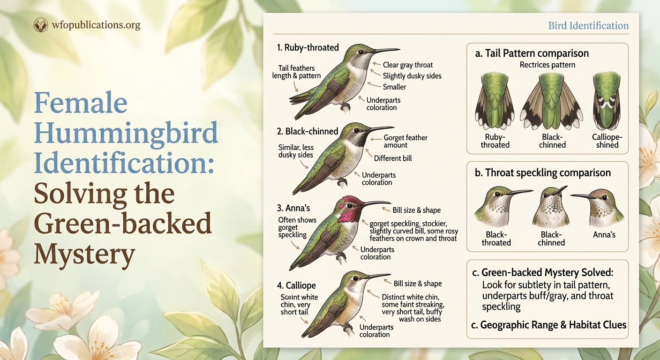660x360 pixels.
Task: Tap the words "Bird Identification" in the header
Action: coord(588,25)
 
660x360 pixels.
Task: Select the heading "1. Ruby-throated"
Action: coord(307,47)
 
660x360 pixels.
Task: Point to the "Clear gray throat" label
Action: coord(407,65)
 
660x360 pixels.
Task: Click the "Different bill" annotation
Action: coord(393,158)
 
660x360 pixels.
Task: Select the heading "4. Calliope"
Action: coord(296,285)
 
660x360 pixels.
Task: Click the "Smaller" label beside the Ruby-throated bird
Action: coord(394,87)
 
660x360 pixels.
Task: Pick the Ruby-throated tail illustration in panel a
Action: coord(495,101)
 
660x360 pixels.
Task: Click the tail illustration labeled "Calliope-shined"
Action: coord(607,101)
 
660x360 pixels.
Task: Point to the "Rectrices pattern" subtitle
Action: coord(547,65)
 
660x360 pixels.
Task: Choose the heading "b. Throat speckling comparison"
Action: coord(542,173)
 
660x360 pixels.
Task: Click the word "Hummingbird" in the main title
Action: coord(126,133)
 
